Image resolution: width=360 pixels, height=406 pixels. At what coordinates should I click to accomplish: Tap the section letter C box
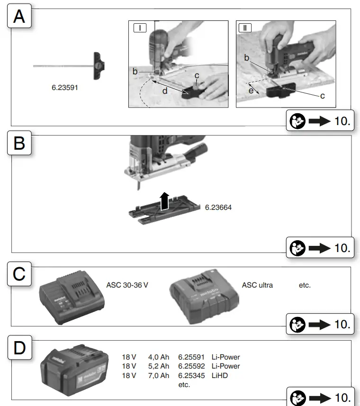click(19, 274)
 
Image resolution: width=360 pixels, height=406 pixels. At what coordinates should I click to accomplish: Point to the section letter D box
click(19, 348)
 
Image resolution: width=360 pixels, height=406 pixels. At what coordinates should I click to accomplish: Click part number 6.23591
click(65, 88)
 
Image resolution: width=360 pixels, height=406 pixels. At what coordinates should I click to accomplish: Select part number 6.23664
click(218, 208)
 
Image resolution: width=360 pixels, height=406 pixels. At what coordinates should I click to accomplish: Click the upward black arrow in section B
click(163, 200)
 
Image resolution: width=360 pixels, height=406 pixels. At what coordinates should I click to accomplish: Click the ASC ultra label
click(257, 285)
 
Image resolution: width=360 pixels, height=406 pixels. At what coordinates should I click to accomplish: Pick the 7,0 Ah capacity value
click(158, 375)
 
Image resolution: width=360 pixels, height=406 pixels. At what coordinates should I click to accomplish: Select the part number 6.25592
click(191, 366)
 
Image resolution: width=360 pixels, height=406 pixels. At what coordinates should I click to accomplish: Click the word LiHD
click(219, 375)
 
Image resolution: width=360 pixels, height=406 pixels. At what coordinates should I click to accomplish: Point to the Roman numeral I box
click(140, 28)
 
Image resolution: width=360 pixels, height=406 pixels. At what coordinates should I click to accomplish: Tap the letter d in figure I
click(164, 90)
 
